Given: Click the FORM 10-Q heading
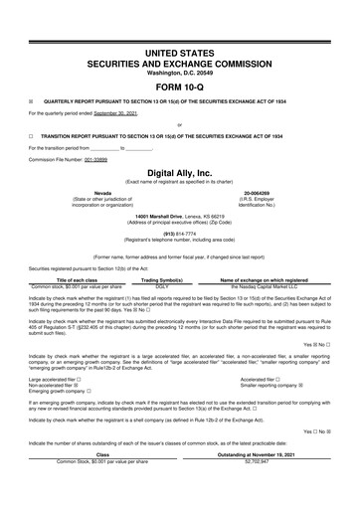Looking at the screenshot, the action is (179, 84).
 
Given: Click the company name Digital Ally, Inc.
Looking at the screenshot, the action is (179, 172).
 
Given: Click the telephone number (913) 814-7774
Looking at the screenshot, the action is (179, 234).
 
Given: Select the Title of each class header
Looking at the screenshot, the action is (77, 280).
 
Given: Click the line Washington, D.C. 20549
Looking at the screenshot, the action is (179, 70).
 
